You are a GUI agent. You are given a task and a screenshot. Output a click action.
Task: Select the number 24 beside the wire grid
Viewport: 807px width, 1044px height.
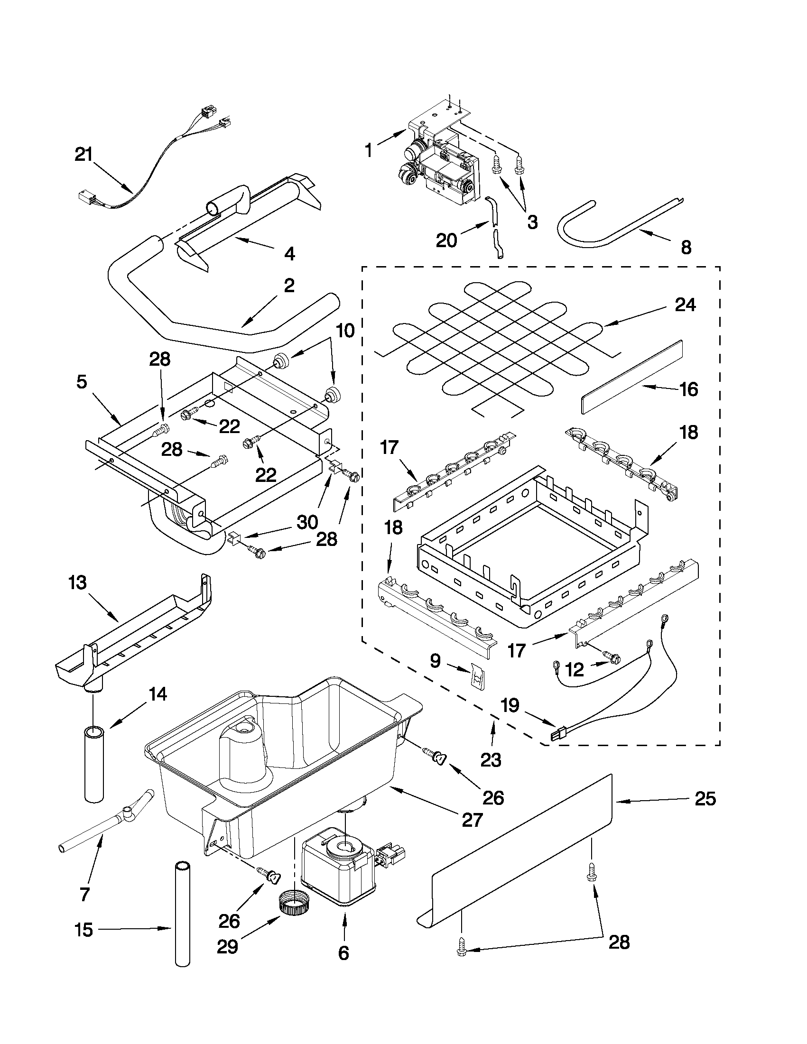(685, 305)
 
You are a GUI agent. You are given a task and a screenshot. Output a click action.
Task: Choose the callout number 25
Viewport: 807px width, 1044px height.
(705, 799)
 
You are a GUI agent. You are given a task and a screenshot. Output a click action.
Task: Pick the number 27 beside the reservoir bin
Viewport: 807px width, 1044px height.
(472, 820)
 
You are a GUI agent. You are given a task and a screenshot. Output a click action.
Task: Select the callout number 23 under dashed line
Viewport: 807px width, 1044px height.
(491, 759)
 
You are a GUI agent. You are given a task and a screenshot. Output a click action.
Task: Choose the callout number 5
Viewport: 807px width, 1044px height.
(82, 383)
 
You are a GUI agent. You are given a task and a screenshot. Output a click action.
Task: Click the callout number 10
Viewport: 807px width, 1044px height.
(346, 330)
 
